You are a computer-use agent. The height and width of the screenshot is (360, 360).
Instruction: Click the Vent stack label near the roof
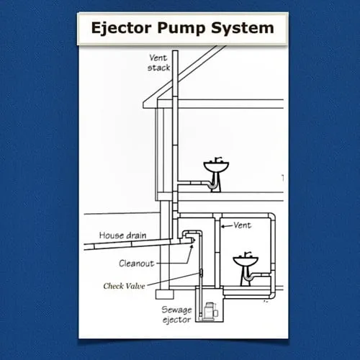pos(159,63)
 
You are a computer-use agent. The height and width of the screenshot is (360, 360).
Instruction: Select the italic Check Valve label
pos(124,286)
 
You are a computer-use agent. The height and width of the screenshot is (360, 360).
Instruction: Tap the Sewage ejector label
pos(176,314)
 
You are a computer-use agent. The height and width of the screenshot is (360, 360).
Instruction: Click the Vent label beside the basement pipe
pos(243,225)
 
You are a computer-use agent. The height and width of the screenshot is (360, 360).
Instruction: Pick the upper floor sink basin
pos(215,168)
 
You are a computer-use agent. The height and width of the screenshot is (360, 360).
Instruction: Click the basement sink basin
pos(246,261)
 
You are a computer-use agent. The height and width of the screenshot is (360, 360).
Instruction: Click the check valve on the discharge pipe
pos(201,272)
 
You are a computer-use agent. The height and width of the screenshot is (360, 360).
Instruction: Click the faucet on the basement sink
pos(246,253)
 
